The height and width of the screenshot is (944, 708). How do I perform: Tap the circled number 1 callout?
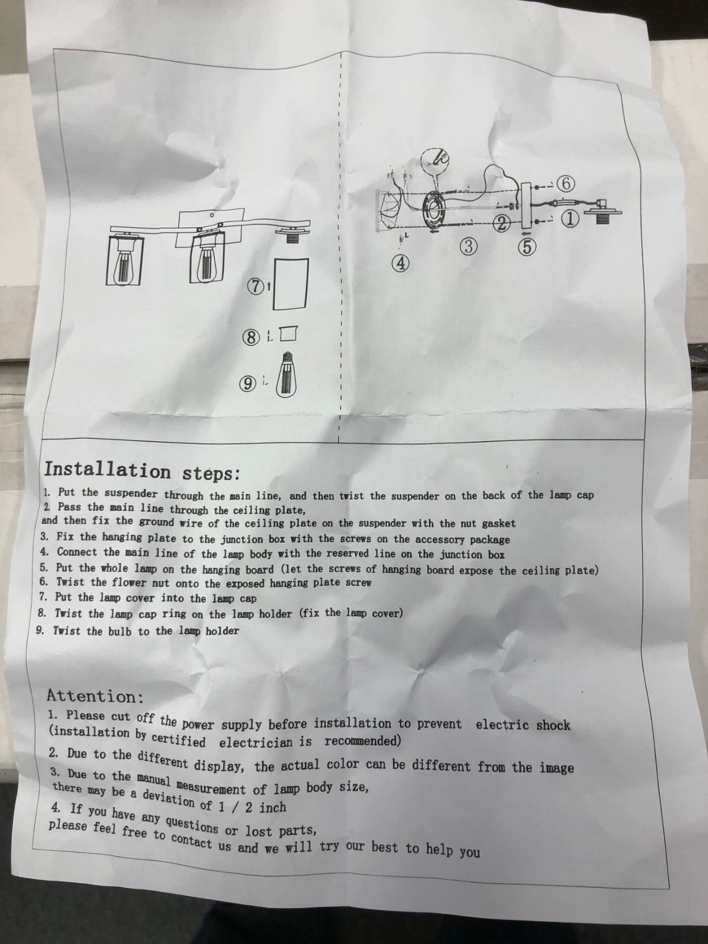[x=571, y=219]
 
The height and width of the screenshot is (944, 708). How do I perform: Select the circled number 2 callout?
[x=501, y=224]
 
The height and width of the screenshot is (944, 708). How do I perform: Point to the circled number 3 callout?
[x=470, y=246]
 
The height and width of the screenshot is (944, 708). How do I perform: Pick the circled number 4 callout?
[x=401, y=263]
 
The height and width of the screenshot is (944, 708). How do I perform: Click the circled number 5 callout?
[x=528, y=246]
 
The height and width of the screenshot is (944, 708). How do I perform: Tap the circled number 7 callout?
[x=256, y=287]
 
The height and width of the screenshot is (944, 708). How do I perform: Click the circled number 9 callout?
[x=248, y=384]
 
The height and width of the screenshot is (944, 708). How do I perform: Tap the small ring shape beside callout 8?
[x=288, y=334]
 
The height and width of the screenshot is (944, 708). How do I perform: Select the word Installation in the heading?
[x=108, y=469]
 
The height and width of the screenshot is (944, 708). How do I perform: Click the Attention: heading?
[x=95, y=696]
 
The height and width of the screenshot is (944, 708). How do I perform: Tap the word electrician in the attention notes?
[x=265, y=742]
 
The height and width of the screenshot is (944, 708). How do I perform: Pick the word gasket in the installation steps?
[x=499, y=523]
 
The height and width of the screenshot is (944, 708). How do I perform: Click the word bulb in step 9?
[x=121, y=631]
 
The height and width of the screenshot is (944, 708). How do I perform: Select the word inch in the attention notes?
[x=273, y=807]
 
